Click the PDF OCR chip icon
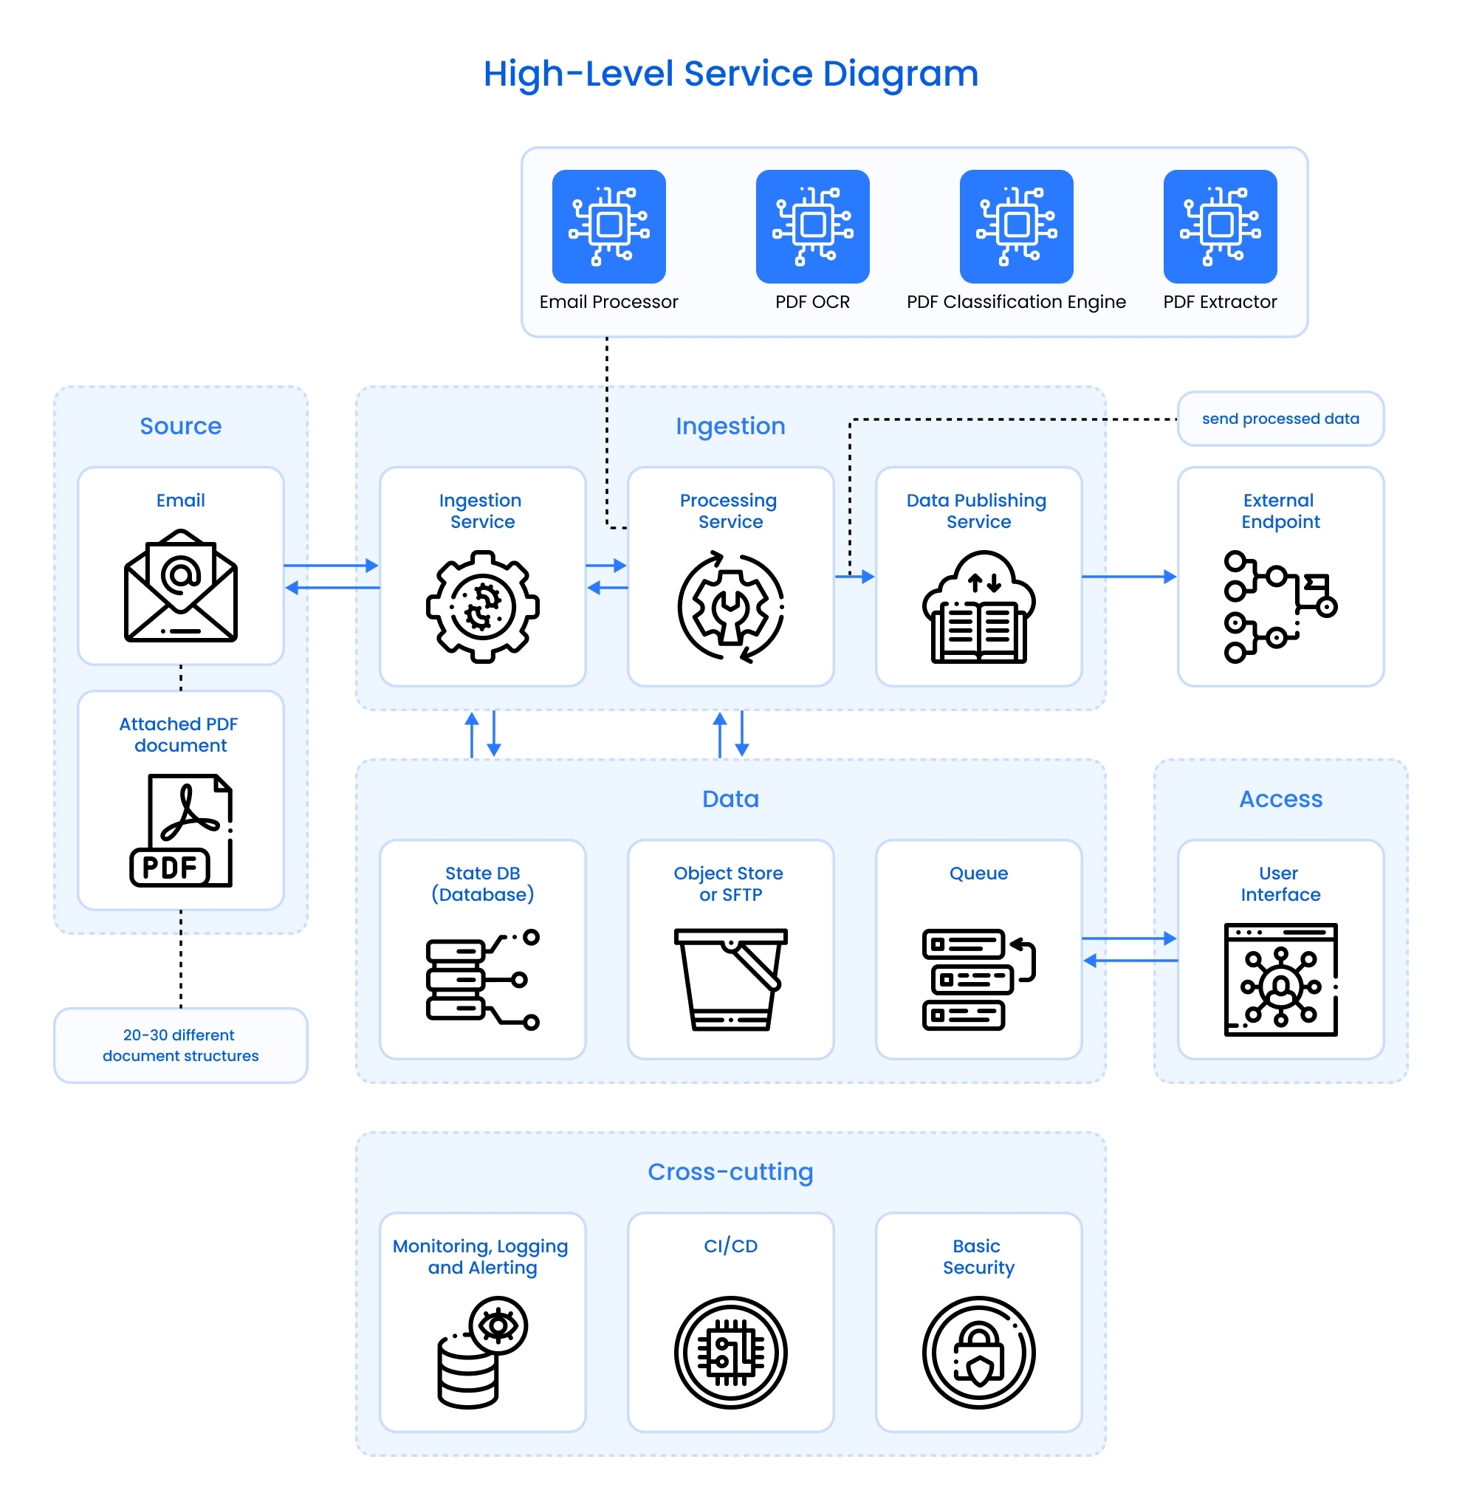[812, 227]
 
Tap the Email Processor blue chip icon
[608, 227]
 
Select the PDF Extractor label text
[1219, 302]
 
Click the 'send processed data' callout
[1280, 419]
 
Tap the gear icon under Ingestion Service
[482, 606]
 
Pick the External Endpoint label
[1280, 511]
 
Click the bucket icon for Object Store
[730, 978]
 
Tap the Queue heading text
[978, 873]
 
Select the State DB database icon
[482, 979]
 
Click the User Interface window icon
[1280, 979]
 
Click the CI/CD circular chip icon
[730, 1352]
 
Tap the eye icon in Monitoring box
[498, 1325]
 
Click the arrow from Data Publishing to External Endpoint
[1128, 576]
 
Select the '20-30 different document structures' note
[180, 1045]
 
